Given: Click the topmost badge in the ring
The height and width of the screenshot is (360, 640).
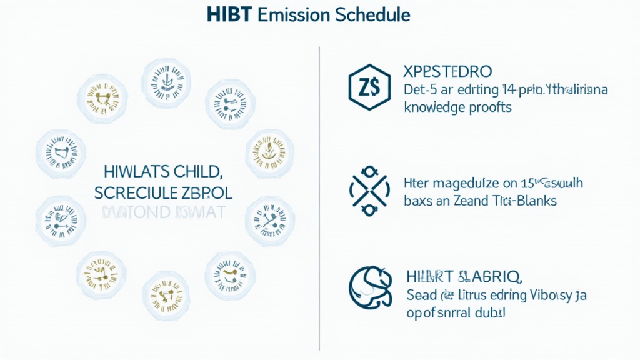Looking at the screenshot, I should [166, 79].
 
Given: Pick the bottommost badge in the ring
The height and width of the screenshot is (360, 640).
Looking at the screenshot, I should [166, 292].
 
